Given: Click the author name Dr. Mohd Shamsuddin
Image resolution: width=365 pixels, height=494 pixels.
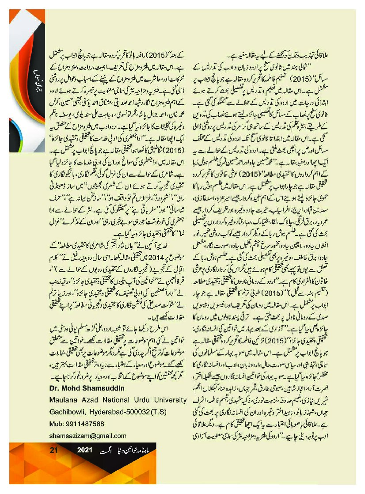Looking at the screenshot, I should [80, 388].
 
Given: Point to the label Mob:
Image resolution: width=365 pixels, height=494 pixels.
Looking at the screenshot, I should [56, 423].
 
